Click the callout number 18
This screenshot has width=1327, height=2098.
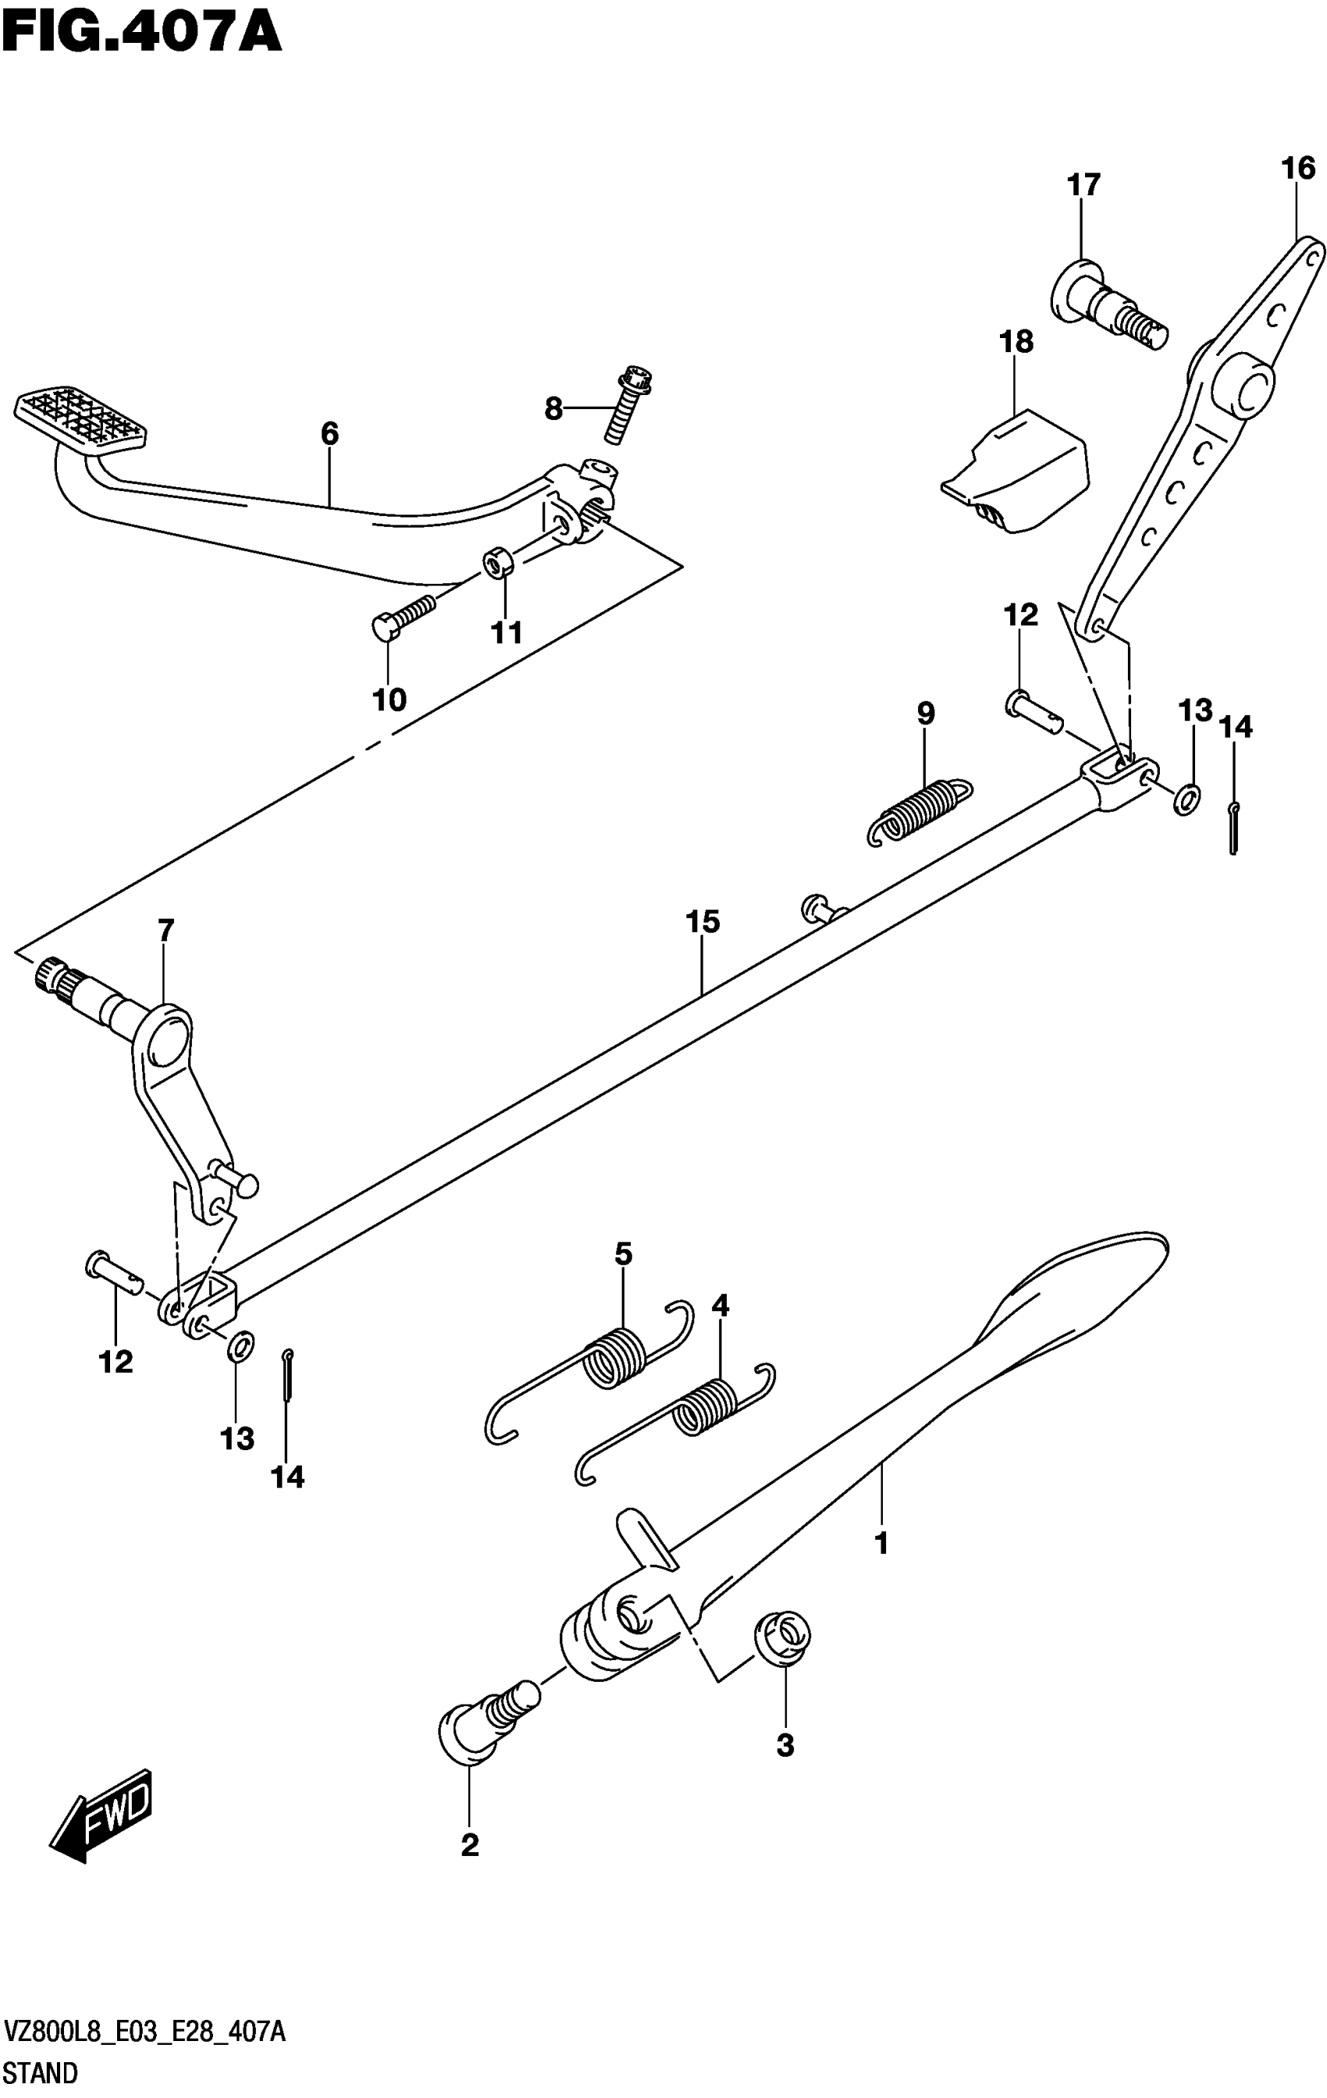point(1016,343)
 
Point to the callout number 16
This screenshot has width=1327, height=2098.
point(1298,168)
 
